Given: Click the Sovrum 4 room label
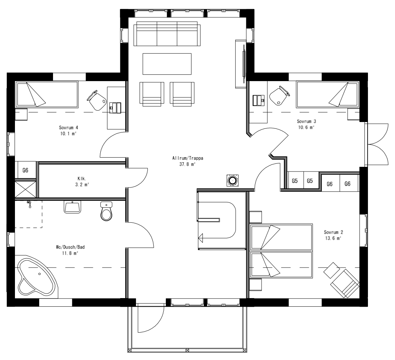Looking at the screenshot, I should tap(68, 127).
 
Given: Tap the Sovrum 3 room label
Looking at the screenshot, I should tap(306, 121).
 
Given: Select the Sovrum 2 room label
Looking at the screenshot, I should tap(332, 232).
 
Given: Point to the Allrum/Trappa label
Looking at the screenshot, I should tap(188, 159).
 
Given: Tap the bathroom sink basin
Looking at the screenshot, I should tap(73, 207).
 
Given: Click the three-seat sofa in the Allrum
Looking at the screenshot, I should tap(167, 34).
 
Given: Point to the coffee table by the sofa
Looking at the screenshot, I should tap(167, 64).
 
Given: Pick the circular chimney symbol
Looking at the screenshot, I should tap(233, 181).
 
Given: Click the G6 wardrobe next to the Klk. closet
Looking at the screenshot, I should tap(25, 170).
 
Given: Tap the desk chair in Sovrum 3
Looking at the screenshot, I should tap(279, 95).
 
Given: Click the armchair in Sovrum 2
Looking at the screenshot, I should tap(344, 283).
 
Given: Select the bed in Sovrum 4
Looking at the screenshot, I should tap(46, 95).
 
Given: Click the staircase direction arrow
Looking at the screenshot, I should tap(201, 237).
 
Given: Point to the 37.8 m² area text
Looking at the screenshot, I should tap(188, 165).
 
